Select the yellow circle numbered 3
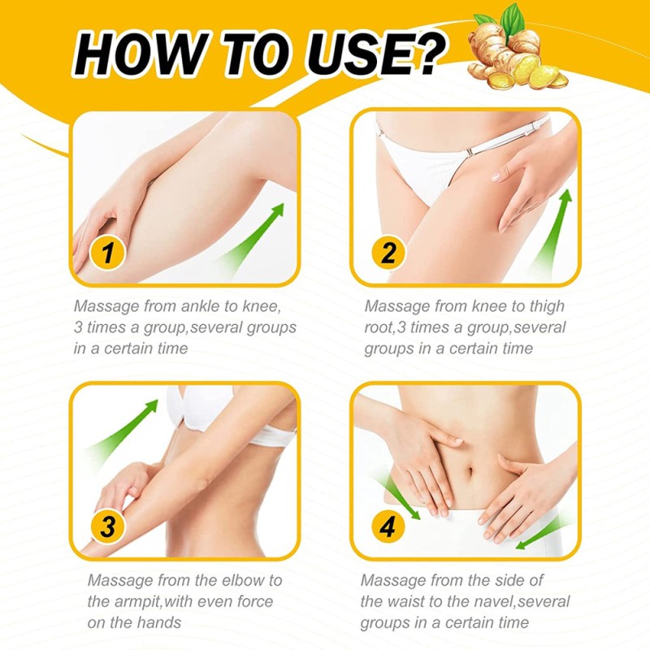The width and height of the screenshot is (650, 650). pos(107,526)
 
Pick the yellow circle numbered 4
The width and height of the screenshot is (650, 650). pos(388,526)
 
